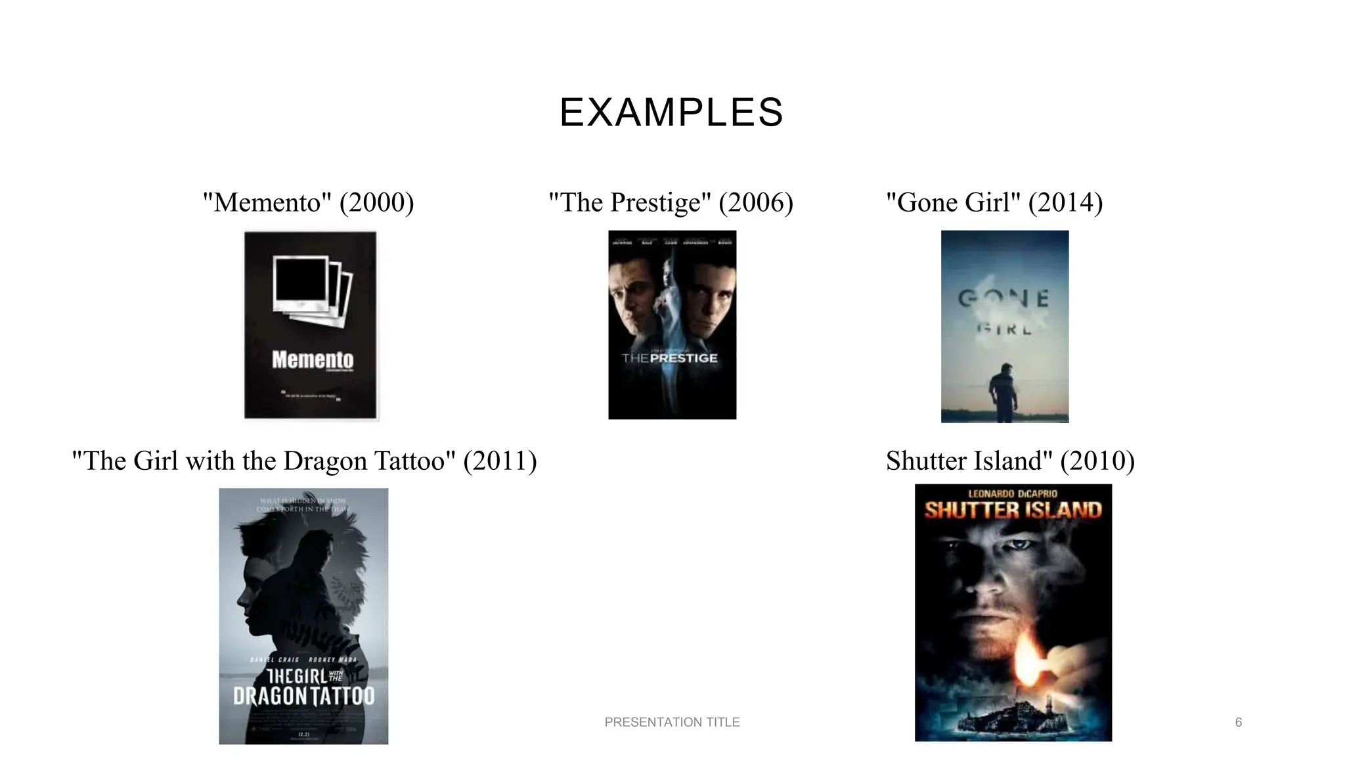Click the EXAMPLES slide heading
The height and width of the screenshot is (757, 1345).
pyautogui.click(x=671, y=112)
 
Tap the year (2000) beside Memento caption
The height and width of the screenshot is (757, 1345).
pyautogui.click(x=376, y=202)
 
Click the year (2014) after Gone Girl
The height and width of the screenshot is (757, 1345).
pyautogui.click(x=1065, y=202)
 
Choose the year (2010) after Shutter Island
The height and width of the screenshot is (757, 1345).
pyautogui.click(x=1097, y=461)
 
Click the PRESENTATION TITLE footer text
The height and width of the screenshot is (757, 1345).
pyautogui.click(x=672, y=722)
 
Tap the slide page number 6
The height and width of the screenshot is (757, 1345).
pyautogui.click(x=1238, y=722)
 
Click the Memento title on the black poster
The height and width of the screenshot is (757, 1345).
pyautogui.click(x=313, y=359)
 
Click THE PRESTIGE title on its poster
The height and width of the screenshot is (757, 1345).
pyautogui.click(x=670, y=358)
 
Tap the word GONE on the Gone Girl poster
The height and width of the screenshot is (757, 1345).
pyautogui.click(x=1003, y=299)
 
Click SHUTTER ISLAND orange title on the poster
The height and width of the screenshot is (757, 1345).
pyautogui.click(x=1013, y=510)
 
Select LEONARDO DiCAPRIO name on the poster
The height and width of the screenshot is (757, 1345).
pyautogui.click(x=1013, y=493)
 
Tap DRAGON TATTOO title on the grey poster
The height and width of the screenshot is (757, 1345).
pyautogui.click(x=303, y=696)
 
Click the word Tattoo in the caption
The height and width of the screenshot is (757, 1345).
pyautogui.click(x=414, y=461)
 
